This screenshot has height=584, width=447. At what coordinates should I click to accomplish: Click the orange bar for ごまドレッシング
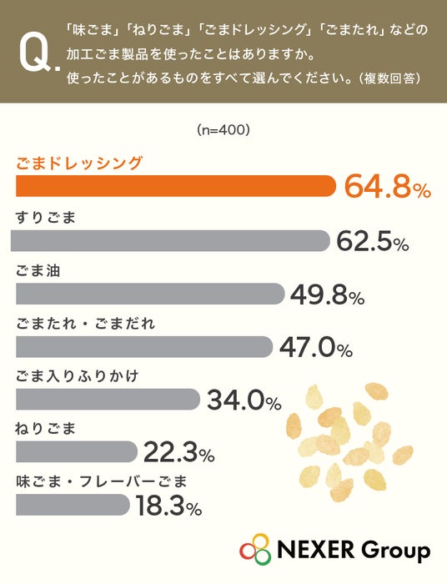[176, 186]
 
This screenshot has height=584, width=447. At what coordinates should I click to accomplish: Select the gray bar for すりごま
[170, 240]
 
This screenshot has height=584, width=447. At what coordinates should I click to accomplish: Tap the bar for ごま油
[150, 294]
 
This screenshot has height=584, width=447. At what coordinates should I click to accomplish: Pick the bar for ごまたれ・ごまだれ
[144, 347]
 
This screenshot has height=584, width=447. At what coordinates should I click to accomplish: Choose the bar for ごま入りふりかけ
[108, 400]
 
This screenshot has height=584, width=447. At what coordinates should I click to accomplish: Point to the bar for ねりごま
[77, 452]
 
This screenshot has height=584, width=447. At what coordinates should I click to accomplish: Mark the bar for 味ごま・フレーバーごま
[73, 505]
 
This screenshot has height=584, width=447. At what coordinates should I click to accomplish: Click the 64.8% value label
[388, 186]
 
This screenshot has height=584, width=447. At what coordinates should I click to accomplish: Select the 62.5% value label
[373, 241]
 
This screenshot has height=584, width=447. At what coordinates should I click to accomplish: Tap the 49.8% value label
[327, 295]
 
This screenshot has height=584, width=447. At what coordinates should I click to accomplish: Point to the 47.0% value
[316, 348]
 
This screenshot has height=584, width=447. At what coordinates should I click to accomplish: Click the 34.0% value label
[244, 400]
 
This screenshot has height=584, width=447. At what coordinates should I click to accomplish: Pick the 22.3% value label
[179, 452]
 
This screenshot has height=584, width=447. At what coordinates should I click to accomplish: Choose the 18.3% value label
[168, 506]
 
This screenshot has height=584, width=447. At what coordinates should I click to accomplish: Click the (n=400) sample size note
[223, 129]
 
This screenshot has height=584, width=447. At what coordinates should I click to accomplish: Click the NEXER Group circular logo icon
[255, 549]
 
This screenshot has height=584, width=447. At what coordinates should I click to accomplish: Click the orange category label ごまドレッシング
[79, 164]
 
